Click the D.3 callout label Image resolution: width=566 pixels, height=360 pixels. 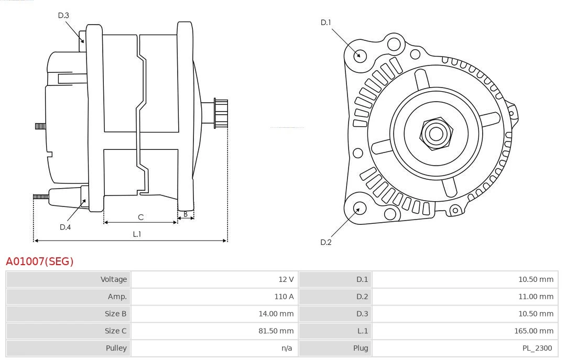63,15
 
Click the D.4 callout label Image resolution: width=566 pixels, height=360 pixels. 65,227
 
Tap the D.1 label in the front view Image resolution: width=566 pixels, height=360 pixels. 326,23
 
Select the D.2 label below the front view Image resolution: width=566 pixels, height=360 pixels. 326,242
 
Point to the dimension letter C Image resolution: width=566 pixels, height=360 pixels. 140,217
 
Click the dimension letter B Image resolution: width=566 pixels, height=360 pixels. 186,214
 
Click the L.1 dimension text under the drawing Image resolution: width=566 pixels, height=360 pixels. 137,234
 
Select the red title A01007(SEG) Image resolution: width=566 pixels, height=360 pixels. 40,261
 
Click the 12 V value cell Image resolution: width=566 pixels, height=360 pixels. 286,279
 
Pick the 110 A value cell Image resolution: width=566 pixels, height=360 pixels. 284,297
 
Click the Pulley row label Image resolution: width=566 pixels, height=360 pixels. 116,348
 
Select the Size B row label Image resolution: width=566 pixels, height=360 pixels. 115,313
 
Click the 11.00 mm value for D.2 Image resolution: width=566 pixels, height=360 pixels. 536,297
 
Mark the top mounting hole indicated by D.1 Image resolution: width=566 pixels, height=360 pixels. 360,54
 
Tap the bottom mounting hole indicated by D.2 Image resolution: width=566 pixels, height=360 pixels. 359,209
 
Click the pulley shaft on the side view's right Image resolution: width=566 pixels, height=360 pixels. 220,113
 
